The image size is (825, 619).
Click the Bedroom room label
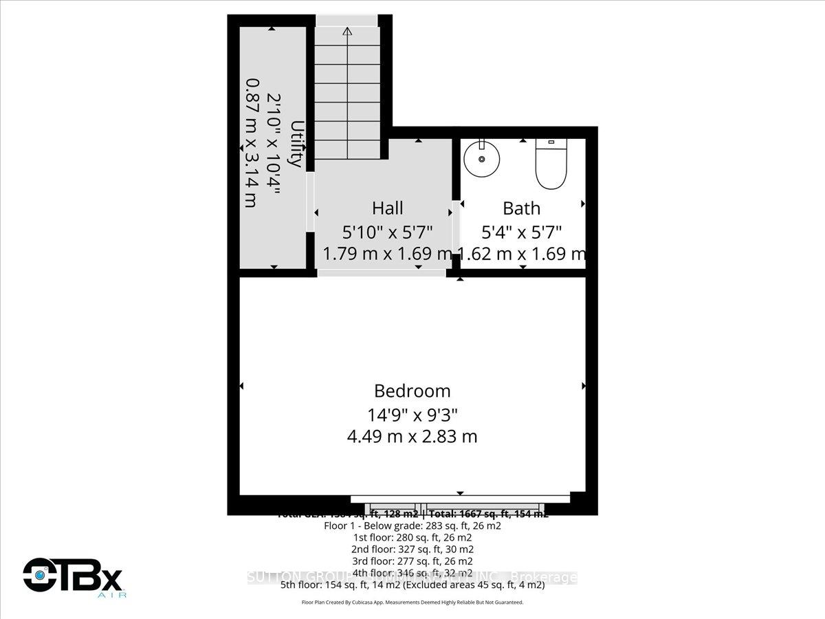tap(412, 391)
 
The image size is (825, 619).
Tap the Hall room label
tap(388, 208)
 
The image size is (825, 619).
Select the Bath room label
tap(522, 208)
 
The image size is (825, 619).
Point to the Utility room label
tap(296, 144)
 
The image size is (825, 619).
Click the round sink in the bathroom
tap(482, 159)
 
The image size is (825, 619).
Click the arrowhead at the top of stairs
tap(347, 31)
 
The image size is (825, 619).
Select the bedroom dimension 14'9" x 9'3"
tap(412, 414)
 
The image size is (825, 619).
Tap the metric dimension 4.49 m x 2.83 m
tap(412, 436)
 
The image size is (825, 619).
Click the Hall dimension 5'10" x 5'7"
tap(388, 232)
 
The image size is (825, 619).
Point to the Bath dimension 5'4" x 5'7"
tap(522, 232)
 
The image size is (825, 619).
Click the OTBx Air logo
tap(73, 576)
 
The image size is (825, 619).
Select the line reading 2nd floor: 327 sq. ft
tap(412, 549)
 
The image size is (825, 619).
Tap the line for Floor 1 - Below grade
tap(412, 525)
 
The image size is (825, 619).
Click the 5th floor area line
tap(412, 585)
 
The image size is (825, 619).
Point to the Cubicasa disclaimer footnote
tap(412, 602)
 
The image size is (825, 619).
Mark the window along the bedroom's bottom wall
tap(460, 499)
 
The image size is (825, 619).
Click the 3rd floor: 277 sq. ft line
tap(412, 561)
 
